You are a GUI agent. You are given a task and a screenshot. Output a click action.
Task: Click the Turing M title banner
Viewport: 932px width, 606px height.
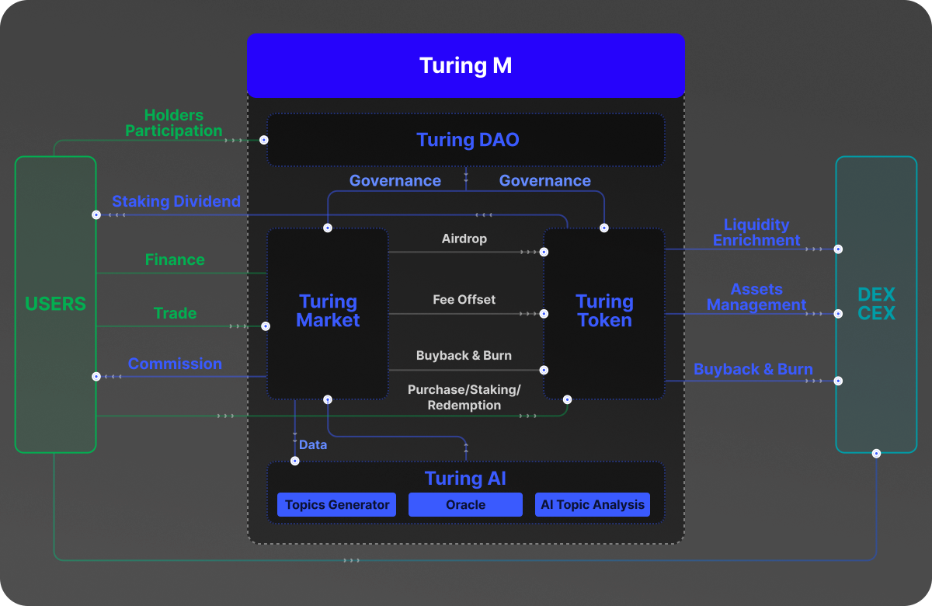coord(465,65)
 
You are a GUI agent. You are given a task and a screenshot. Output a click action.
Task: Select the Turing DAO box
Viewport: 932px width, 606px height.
coord(467,140)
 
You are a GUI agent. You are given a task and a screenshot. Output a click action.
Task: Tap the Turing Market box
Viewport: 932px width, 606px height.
coord(328,312)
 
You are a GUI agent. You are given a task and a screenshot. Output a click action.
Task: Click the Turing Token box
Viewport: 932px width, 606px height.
coord(604,312)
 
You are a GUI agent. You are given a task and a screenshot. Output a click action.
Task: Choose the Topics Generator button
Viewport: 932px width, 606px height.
coord(337,505)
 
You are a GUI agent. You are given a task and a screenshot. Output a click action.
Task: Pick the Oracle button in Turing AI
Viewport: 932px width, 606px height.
coord(465,505)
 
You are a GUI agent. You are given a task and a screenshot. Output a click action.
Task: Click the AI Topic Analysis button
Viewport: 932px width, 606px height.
coord(593,505)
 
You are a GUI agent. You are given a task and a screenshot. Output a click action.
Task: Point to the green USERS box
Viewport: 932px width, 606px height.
coord(55,305)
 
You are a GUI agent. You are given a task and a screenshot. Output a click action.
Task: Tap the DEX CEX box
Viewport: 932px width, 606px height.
coord(876,305)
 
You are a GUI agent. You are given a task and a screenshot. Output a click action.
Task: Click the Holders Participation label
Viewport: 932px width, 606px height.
coord(174,124)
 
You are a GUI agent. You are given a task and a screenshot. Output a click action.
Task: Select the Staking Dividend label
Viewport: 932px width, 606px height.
coord(176,201)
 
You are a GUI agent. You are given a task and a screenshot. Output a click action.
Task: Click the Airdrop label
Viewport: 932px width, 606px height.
coord(464,239)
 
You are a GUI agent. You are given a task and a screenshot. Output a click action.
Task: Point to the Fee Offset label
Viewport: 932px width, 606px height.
coord(464,299)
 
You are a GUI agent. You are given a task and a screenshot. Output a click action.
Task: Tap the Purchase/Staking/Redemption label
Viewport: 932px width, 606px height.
coord(464,397)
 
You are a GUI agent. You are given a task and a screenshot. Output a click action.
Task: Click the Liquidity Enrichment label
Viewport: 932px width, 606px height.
coord(756,232)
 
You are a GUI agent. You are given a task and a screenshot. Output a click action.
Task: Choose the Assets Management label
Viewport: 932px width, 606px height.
coord(756,297)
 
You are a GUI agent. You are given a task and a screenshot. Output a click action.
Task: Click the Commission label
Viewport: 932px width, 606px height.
coord(175,364)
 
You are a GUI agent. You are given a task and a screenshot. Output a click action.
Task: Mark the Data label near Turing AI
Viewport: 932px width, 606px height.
coord(313,445)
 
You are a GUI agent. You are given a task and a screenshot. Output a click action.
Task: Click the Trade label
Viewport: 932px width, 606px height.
coord(175,313)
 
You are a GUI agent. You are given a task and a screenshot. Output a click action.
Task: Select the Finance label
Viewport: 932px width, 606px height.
coord(175,259)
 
